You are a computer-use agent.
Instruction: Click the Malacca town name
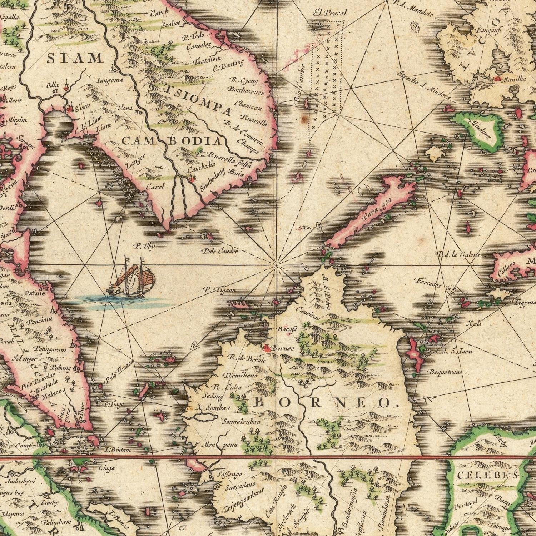coord(54,396)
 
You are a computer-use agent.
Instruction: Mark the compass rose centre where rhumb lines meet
coord(276,265)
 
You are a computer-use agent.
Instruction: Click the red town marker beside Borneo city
coord(265,347)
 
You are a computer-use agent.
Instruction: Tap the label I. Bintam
coord(116,450)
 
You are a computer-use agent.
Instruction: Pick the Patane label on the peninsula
coord(35,293)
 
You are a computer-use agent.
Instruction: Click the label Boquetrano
coord(447,372)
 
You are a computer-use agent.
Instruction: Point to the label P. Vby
coord(144,246)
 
